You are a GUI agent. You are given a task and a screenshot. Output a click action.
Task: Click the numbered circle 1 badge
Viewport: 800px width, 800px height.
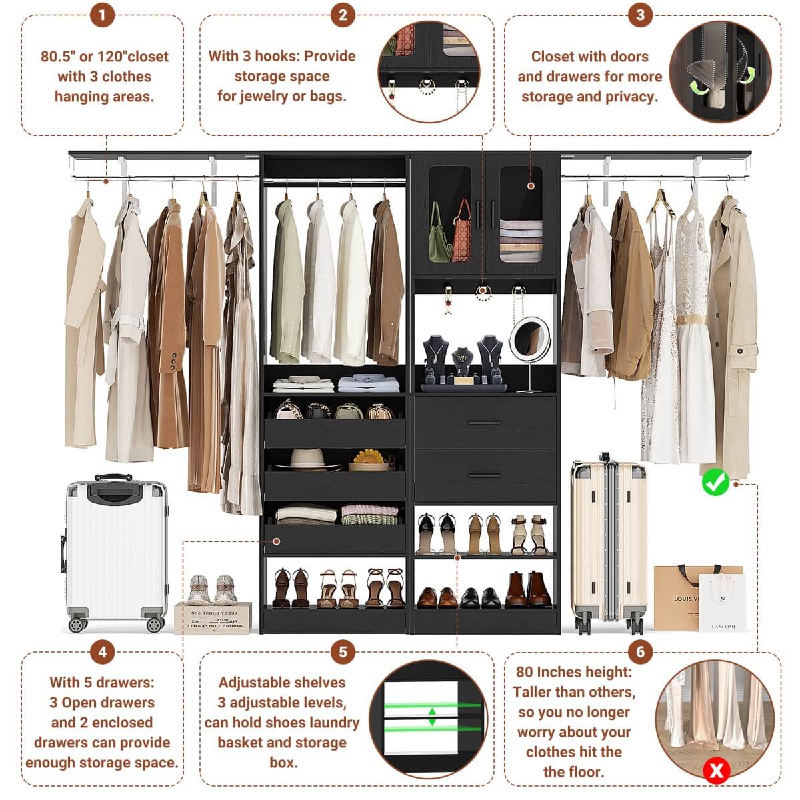click(x=102, y=15)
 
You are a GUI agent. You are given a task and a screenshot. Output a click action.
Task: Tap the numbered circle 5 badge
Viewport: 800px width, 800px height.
click(x=343, y=651)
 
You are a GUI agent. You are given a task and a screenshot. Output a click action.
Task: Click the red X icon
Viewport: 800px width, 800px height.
click(x=717, y=771)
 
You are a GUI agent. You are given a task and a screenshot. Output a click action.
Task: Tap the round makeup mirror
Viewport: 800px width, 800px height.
click(x=530, y=339)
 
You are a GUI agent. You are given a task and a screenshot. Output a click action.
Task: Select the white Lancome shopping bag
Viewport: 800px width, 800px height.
click(x=722, y=603)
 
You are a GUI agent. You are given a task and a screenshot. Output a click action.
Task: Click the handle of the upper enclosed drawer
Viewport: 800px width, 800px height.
click(x=485, y=423)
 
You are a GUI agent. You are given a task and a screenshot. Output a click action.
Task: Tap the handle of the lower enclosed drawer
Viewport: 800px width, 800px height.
click(x=485, y=475)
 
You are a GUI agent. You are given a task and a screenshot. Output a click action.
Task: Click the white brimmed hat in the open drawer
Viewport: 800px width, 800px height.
click(x=307, y=458)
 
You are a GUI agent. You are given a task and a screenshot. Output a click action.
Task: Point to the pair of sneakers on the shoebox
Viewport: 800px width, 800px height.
click(x=212, y=589)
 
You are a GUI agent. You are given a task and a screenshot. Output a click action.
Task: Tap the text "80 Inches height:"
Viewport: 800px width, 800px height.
click(x=573, y=672)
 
